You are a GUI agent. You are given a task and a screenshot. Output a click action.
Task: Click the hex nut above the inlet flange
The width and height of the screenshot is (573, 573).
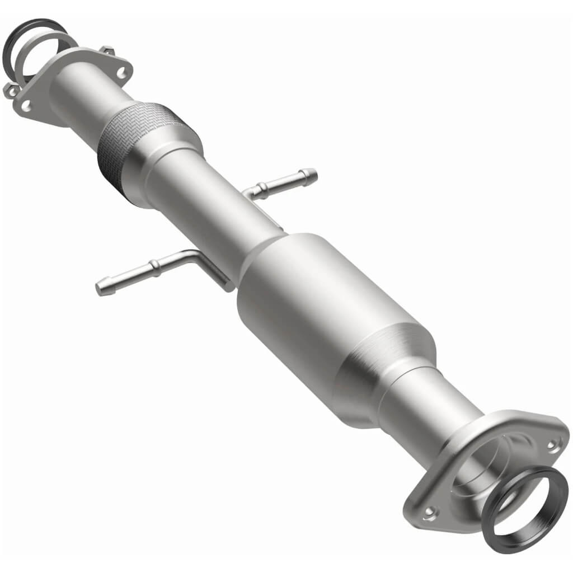pos(106,51)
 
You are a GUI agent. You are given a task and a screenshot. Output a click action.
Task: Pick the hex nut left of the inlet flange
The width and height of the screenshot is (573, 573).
pos(10,90)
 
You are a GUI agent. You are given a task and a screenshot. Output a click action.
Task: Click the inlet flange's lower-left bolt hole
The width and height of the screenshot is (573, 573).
pos(25,104)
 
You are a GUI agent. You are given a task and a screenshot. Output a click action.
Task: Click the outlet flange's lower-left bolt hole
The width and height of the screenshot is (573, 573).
pos(430,511)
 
